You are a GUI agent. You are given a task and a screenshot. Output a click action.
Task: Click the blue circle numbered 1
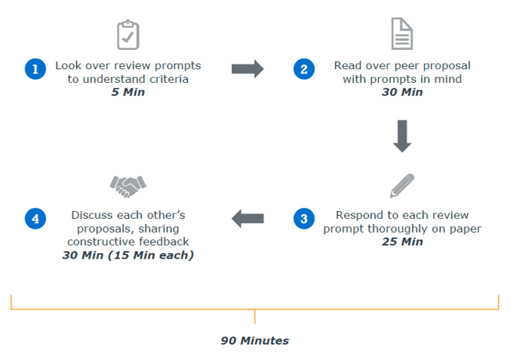[35, 69]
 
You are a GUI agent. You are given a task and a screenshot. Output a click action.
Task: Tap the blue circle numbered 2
[304, 69]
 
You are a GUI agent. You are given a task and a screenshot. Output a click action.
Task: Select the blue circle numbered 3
[304, 219]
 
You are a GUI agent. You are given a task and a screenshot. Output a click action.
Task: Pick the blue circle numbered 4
[35, 219]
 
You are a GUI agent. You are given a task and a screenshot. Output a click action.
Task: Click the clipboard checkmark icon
[128, 35]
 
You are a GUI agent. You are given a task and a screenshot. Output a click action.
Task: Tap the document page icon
[402, 34]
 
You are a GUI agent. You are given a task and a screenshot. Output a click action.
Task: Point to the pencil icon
[403, 186]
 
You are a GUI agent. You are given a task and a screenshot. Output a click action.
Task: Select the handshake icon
[128, 187]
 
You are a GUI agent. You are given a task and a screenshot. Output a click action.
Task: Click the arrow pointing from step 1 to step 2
[248, 69]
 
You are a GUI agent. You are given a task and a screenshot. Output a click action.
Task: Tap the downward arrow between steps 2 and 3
[402, 136]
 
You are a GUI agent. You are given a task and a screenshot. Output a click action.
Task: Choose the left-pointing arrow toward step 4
[248, 219]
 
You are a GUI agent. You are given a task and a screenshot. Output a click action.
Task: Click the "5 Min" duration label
[128, 92]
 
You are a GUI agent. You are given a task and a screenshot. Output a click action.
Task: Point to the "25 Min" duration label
[403, 242]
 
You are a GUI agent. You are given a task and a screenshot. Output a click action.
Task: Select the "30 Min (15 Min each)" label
[128, 255]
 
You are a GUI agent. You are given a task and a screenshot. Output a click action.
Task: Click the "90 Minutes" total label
[255, 341]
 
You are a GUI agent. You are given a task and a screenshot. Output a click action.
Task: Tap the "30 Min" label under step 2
[402, 92]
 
